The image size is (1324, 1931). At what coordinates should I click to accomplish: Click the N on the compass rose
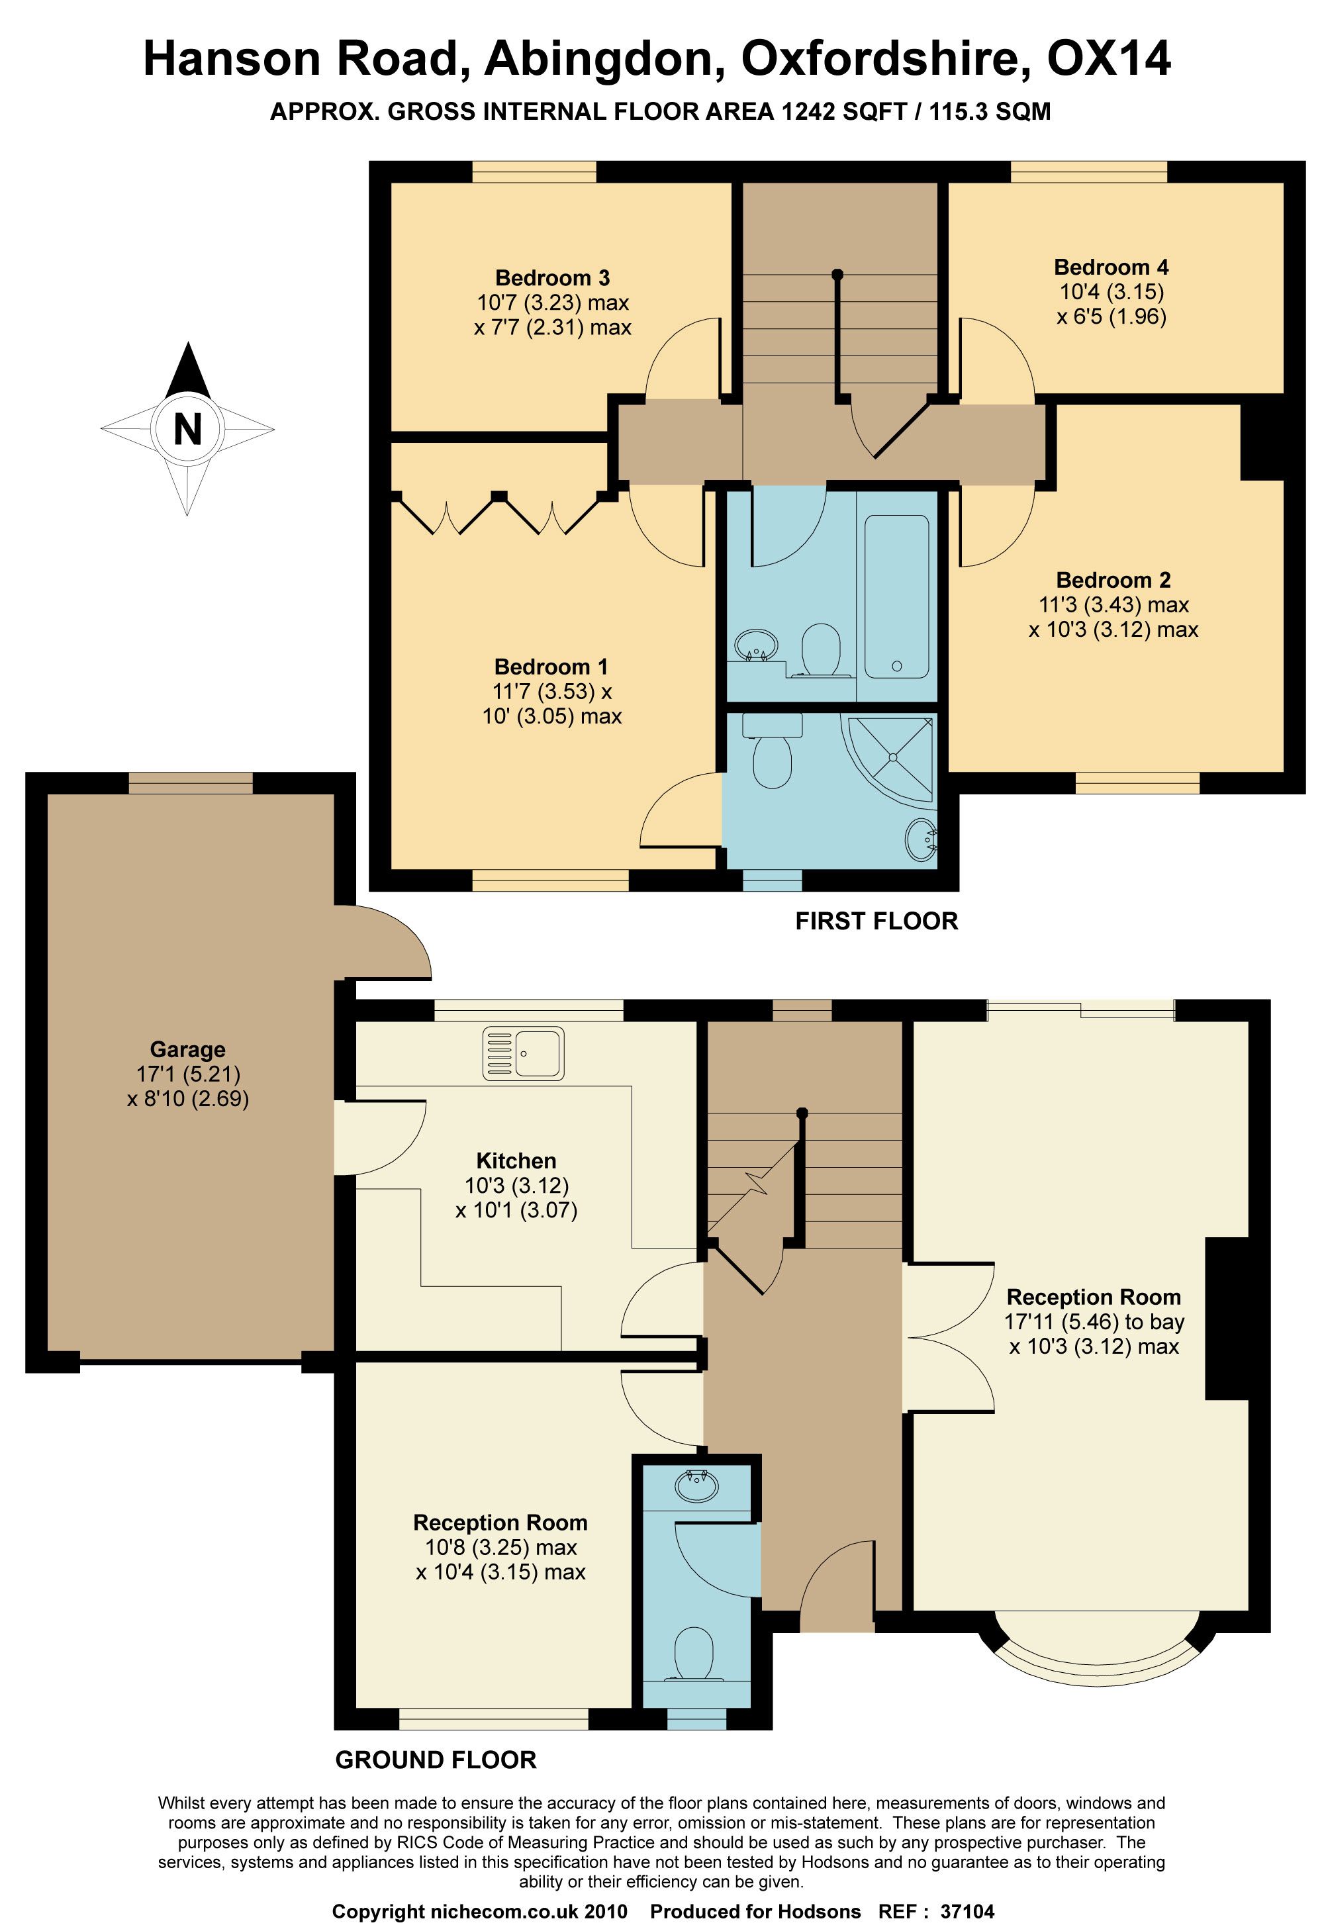pyautogui.click(x=188, y=430)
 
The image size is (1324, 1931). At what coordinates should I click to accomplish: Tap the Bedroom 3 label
pyautogui.click(x=553, y=277)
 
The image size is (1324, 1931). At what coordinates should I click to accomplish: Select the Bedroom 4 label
pyautogui.click(x=1111, y=267)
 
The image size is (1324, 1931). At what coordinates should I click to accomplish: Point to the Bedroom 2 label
pyautogui.click(x=1113, y=580)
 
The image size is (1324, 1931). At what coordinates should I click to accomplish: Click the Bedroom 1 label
pyautogui.click(x=551, y=667)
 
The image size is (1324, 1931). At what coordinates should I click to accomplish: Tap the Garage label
pyautogui.click(x=188, y=1049)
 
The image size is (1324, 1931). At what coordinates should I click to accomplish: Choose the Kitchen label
pyautogui.click(x=516, y=1160)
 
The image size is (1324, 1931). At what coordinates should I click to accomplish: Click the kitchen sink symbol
pyautogui.click(x=523, y=1054)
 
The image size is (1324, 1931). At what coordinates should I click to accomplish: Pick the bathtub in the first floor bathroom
pyautogui.click(x=897, y=596)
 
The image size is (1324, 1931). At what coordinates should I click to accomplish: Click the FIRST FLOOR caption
pyautogui.click(x=877, y=921)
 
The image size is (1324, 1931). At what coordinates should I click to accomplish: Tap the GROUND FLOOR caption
pyautogui.click(x=436, y=1760)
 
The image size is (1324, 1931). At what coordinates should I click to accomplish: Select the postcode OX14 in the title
pyautogui.click(x=1109, y=59)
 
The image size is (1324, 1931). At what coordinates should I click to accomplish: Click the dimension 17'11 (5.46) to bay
pyautogui.click(x=1094, y=1321)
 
